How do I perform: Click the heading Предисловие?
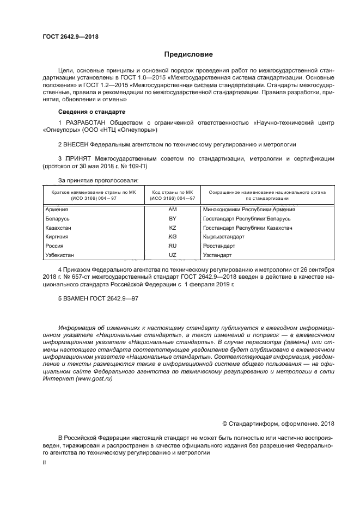point(185,54)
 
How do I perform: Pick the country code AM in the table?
point(173,209)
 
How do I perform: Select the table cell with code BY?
point(173,218)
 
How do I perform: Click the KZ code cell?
point(173,228)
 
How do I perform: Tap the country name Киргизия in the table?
point(58,237)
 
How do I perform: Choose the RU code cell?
point(173,246)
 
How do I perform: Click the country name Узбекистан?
point(60,255)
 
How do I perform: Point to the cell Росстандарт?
point(218,246)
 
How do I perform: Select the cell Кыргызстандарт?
point(223,237)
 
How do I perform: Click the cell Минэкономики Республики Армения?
point(249,209)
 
